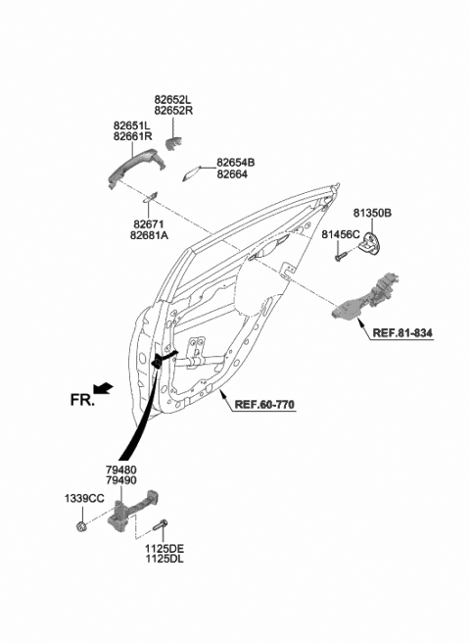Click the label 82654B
click(x=236, y=162)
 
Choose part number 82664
click(x=231, y=174)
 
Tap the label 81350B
click(x=373, y=213)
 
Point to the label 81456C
click(x=343, y=235)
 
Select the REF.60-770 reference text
click(x=263, y=405)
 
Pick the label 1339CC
click(x=84, y=499)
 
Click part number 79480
click(x=122, y=471)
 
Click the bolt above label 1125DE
click(x=162, y=529)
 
